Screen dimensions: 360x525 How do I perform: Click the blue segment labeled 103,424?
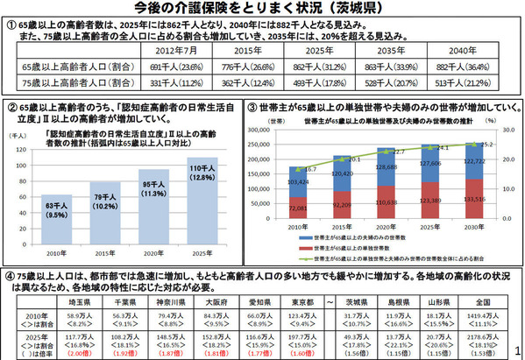(x=300, y=180)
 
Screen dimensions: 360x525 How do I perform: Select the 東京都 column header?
(x=301, y=301)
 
